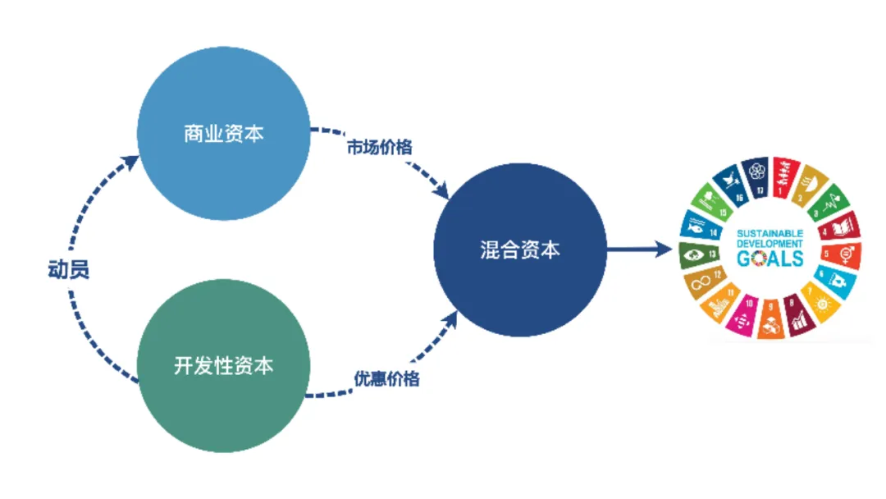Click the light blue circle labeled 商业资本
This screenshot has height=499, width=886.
pyautogui.click(x=223, y=134)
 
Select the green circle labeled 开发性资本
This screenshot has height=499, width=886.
pyautogui.click(x=223, y=366)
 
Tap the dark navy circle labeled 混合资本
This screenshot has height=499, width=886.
pyautogui.click(x=519, y=249)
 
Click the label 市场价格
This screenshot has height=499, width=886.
pyautogui.click(x=379, y=148)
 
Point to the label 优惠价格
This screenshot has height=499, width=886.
pyautogui.click(x=386, y=378)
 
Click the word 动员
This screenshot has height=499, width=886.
pyautogui.click(x=68, y=270)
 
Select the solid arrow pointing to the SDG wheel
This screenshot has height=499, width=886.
pyautogui.click(x=640, y=249)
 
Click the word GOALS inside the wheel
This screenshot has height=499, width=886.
pyautogui.click(x=770, y=259)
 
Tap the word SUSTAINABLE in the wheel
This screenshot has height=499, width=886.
pyautogui.click(x=770, y=232)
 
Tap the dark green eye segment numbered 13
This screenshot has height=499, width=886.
pyautogui.click(x=695, y=255)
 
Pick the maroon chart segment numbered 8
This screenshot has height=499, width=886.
pyautogui.click(x=797, y=318)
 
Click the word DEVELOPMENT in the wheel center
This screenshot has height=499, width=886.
pyautogui.click(x=770, y=244)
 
